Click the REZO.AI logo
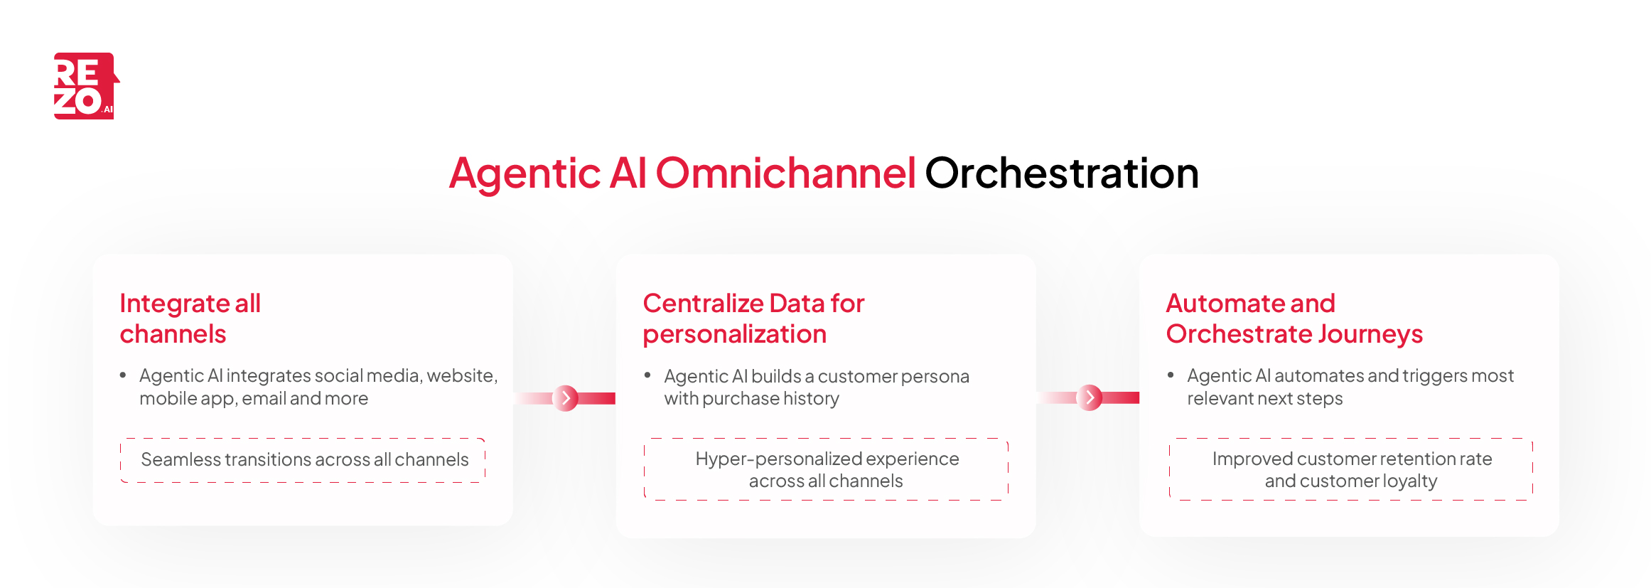click(x=86, y=86)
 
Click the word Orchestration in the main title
click(x=1061, y=173)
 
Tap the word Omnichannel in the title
click(x=785, y=173)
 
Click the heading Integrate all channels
click(x=190, y=319)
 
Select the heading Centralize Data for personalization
click(x=753, y=319)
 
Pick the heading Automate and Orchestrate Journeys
click(x=1294, y=319)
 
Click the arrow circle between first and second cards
click(x=566, y=398)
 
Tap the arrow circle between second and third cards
click(x=1090, y=398)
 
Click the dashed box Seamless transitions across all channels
click(x=303, y=460)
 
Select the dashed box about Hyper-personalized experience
click(x=826, y=469)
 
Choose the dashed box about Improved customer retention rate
click(x=1350, y=469)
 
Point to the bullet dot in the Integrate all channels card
click(x=123, y=375)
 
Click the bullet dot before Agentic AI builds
click(x=647, y=375)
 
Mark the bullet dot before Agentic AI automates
click(x=1171, y=375)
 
